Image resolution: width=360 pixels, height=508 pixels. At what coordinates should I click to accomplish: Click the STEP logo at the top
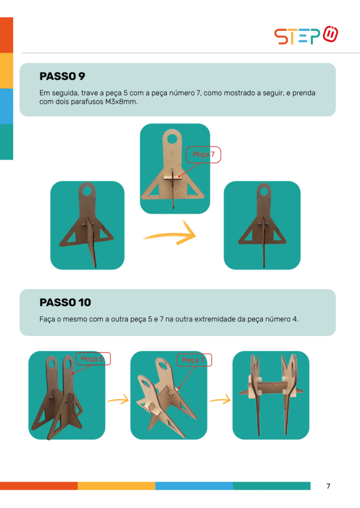(x=306, y=35)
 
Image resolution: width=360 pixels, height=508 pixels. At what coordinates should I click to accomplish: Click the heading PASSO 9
(x=62, y=76)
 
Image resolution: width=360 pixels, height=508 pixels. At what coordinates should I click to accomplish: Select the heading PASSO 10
(x=65, y=303)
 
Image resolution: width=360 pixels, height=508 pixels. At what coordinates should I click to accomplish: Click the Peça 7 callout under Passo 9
(x=204, y=155)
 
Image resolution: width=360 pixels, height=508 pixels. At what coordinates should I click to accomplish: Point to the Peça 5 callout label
(x=93, y=359)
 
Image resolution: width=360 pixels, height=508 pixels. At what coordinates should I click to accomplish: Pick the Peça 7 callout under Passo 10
(x=194, y=360)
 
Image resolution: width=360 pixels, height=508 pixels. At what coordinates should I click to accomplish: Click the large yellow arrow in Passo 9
(x=170, y=234)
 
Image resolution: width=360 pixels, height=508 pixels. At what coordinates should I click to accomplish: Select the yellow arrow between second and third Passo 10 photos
(x=220, y=399)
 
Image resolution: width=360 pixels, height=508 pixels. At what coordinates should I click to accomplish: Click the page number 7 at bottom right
(x=328, y=486)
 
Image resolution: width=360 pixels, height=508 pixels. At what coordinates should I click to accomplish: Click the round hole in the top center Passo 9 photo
(x=172, y=139)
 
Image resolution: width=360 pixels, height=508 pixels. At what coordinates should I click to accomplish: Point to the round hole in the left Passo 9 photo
(x=87, y=190)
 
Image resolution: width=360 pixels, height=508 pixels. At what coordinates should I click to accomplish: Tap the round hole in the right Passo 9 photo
(x=264, y=191)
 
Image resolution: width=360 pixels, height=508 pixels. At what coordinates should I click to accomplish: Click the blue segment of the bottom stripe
(x=194, y=486)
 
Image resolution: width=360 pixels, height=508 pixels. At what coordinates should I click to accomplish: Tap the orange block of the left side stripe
(x=6, y=35)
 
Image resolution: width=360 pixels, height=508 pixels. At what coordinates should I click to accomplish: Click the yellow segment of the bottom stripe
(x=116, y=486)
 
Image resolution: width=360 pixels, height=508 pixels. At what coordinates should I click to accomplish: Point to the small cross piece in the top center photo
(x=172, y=178)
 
